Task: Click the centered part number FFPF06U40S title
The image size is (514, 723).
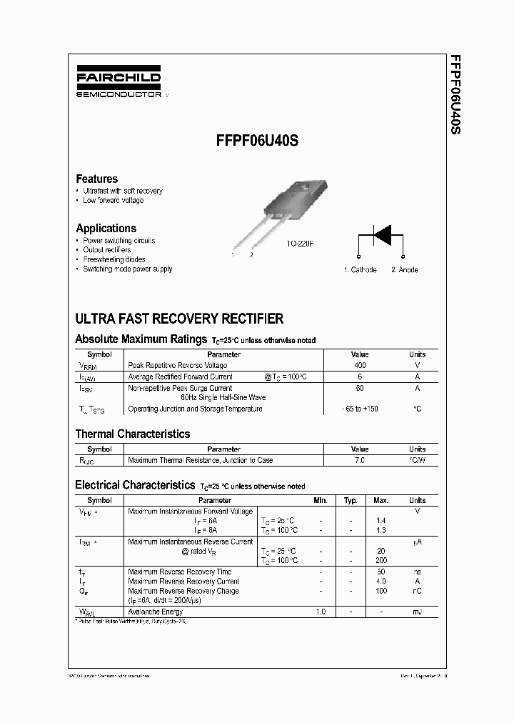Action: [257, 141]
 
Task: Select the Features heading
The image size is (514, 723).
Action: [97, 179]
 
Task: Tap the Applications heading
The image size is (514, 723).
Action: [106, 229]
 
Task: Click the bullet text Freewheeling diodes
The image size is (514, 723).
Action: [114, 259]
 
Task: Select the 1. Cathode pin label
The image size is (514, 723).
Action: [360, 270]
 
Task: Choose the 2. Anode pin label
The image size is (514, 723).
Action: [404, 270]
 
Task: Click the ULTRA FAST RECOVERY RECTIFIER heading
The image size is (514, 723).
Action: [179, 319]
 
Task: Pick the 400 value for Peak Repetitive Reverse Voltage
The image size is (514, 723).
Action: [360, 366]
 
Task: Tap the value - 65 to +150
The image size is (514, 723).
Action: [360, 409]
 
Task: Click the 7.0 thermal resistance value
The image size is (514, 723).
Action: [360, 461]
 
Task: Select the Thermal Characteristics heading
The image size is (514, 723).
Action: [133, 434]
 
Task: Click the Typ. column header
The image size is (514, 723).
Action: [351, 501]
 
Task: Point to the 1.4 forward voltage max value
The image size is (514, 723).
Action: [381, 522]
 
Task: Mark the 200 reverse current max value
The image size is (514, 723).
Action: [381, 561]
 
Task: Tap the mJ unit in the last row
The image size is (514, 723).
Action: [417, 612]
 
